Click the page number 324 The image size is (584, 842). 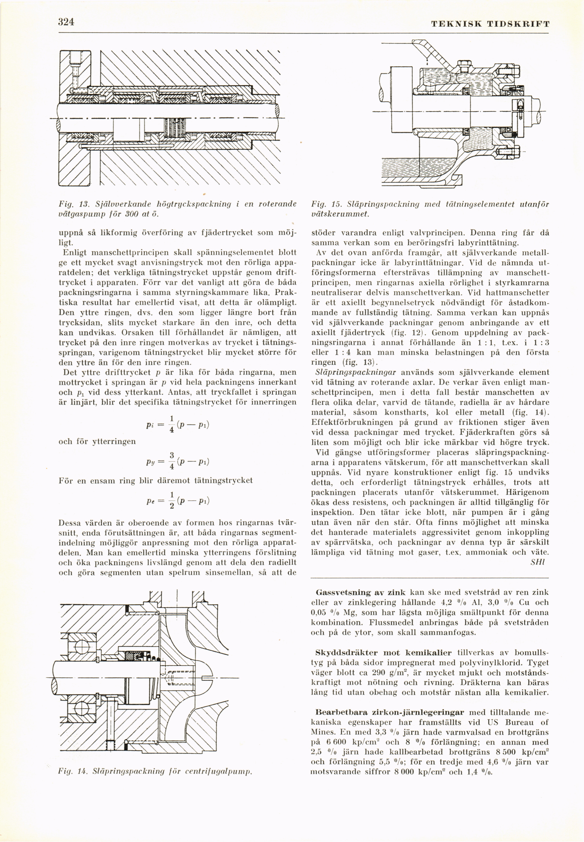click(66, 22)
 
